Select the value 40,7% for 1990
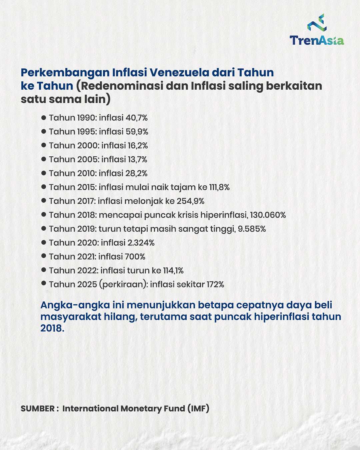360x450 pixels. [x=136, y=118]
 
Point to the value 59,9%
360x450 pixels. [x=137, y=132]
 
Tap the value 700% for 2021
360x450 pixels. [x=135, y=257]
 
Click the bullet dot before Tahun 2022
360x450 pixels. [x=43, y=270]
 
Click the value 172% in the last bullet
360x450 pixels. [x=215, y=284]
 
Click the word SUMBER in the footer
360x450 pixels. [x=38, y=409]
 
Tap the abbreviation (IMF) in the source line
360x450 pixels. [x=198, y=409]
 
